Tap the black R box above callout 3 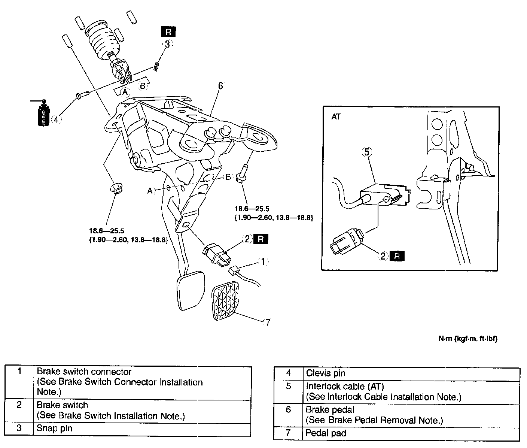[x=168, y=32]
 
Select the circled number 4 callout [x=57, y=119]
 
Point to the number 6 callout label [x=220, y=86]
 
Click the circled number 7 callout [x=268, y=323]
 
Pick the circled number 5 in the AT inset [x=367, y=152]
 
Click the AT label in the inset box [x=336, y=116]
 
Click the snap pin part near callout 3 [x=156, y=67]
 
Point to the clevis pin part [x=82, y=96]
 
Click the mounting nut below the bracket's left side [x=116, y=188]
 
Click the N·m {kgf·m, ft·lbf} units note [x=468, y=339]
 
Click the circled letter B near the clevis [x=143, y=86]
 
